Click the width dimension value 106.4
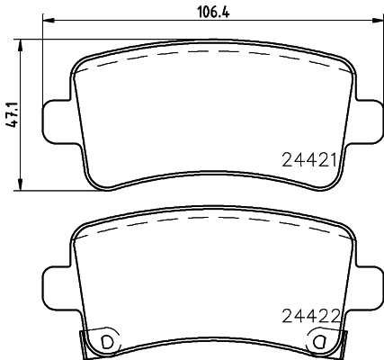[x=211, y=11]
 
